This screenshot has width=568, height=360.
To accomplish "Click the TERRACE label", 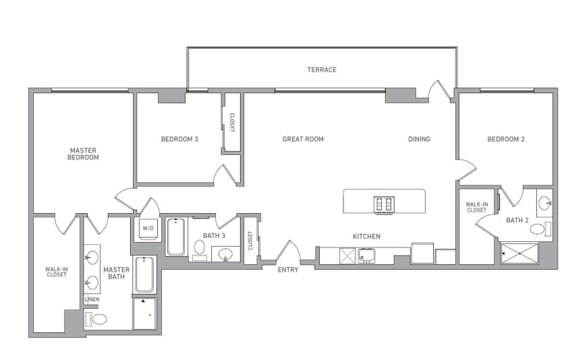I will click(x=322, y=69).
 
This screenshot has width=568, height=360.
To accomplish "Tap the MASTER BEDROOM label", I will click(x=84, y=154).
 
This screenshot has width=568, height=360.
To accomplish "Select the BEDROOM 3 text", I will click(x=179, y=140).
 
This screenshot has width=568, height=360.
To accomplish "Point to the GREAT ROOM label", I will click(x=303, y=140).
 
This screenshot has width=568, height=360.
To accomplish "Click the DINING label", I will click(x=419, y=140).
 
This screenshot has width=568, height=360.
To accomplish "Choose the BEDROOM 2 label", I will click(x=506, y=140).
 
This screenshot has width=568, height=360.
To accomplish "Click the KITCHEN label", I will click(x=366, y=237).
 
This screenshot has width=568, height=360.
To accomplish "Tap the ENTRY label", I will click(x=288, y=270).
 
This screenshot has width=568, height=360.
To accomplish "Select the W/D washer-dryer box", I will click(x=147, y=229).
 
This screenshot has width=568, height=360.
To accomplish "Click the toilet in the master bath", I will click(x=98, y=319).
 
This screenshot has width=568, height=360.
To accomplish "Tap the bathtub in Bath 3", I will click(x=176, y=237).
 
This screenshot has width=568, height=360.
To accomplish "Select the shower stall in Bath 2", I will click(x=519, y=253).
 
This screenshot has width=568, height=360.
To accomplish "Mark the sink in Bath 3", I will click(x=226, y=254).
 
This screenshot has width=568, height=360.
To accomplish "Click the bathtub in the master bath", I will click(x=144, y=274).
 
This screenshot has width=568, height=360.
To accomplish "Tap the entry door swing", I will click(x=288, y=251).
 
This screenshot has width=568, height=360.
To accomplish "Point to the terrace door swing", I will click(x=438, y=91).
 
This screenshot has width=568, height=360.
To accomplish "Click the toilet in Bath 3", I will click(x=199, y=249).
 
